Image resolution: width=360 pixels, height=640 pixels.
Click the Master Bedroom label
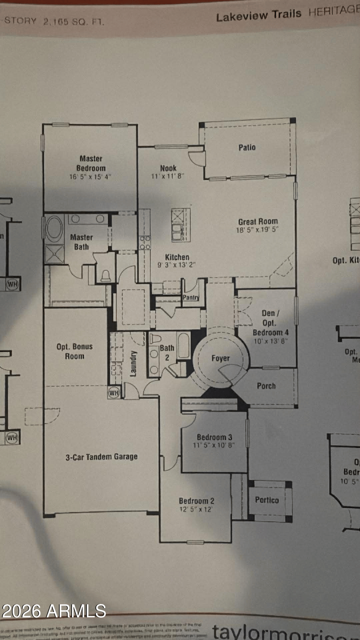point(91,163)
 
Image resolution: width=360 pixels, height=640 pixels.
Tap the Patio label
point(247,147)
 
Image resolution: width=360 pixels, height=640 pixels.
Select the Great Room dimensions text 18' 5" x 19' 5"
point(258,229)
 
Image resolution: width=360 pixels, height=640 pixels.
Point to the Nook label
point(168,168)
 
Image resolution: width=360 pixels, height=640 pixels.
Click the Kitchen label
point(177,257)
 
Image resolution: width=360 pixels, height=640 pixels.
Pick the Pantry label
point(191,297)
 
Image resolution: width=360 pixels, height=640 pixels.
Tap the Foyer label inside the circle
point(220,358)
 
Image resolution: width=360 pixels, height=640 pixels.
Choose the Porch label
point(266,386)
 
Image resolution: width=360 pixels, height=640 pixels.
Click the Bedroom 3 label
point(215,437)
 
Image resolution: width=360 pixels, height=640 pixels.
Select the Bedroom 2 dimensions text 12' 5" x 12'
point(196,509)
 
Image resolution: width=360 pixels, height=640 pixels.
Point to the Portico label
point(267,500)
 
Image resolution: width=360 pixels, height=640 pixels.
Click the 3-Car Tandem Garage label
point(102,457)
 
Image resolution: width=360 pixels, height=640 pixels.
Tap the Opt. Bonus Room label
point(75,352)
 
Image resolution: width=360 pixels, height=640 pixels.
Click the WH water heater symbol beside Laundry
point(114,393)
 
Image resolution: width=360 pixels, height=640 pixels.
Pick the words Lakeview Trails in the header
point(259,16)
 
